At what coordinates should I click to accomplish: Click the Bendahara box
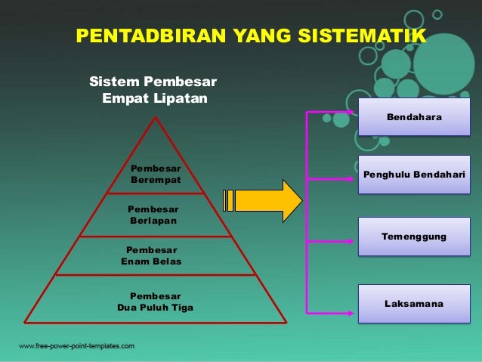414,117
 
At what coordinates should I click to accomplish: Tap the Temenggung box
414,237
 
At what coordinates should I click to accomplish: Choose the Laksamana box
414,304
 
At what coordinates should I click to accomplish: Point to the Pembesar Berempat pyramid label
156,175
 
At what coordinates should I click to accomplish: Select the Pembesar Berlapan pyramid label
153,214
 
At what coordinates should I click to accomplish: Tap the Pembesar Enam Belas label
151,255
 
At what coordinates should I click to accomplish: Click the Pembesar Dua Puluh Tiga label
155,302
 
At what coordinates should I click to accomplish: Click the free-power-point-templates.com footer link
76,346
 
